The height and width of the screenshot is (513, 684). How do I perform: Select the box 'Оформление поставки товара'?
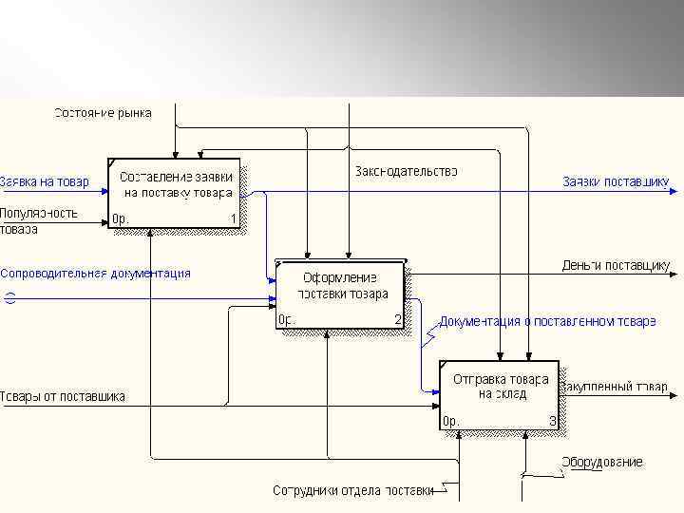click(x=339, y=294)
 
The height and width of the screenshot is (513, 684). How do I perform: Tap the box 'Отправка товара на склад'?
click(x=499, y=394)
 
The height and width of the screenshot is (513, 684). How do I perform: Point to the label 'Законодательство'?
click(x=406, y=171)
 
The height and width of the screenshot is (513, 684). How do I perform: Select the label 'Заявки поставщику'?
click(x=615, y=181)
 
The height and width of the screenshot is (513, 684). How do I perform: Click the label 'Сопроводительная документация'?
click(x=95, y=273)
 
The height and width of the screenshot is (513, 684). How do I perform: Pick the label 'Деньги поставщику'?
click(x=616, y=265)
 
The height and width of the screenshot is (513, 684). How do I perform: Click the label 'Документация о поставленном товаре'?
click(x=547, y=321)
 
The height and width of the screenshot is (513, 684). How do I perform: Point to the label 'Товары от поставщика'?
click(x=63, y=396)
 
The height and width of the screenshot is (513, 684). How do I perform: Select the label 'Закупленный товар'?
click(x=614, y=388)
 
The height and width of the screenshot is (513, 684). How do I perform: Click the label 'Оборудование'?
click(x=601, y=462)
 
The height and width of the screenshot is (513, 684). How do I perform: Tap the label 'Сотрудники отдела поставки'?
click(x=352, y=491)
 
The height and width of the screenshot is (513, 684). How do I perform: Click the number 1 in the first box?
click(x=232, y=218)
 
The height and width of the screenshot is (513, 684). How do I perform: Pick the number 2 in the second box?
click(x=398, y=320)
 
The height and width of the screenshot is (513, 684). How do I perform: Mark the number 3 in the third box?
click(x=552, y=420)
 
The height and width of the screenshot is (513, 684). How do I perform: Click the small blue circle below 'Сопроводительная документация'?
click(x=9, y=298)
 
